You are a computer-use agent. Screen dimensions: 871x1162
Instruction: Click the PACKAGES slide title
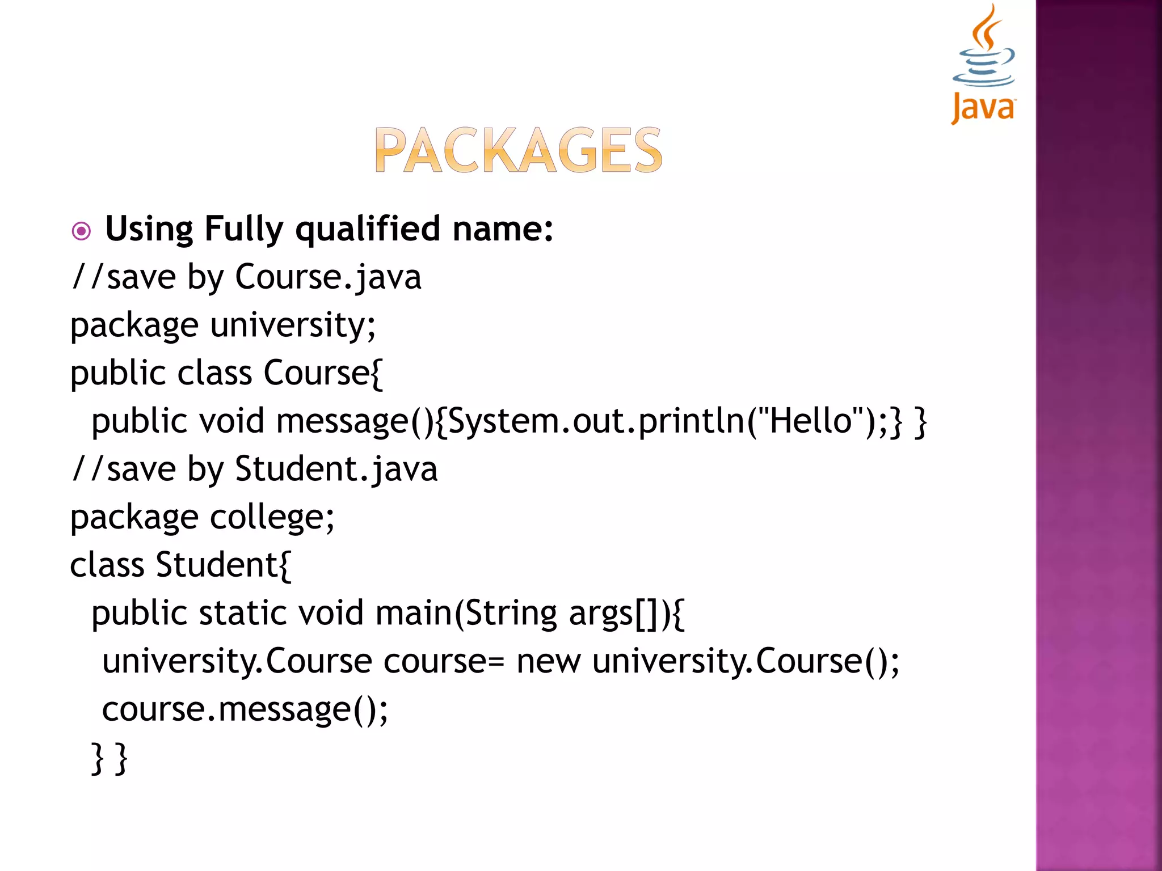point(518,150)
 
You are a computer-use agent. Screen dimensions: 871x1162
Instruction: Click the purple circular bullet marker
point(82,231)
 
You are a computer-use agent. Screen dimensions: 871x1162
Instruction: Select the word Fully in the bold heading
point(243,230)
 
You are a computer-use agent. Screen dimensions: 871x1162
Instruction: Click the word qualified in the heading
point(368,230)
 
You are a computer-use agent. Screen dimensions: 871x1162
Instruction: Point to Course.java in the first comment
point(328,278)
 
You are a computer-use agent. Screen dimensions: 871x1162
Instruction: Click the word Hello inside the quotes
point(811,421)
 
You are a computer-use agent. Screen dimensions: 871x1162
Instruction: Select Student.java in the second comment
point(336,470)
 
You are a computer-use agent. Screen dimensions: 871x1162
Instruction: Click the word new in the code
point(548,662)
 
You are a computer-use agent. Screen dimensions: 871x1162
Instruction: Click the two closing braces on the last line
point(110,758)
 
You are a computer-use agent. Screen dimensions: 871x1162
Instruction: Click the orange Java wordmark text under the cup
point(983,108)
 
